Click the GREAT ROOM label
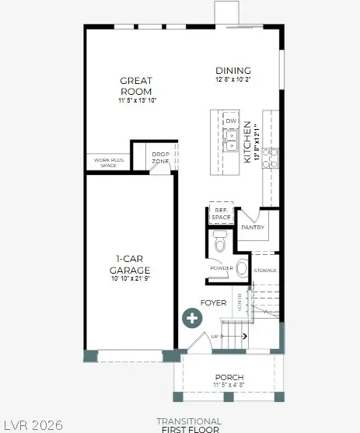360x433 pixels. click(x=137, y=85)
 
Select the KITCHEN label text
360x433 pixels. click(x=248, y=141)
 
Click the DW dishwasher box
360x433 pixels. click(x=231, y=122)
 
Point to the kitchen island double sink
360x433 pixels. click(x=231, y=140)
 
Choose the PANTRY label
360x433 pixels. click(x=253, y=228)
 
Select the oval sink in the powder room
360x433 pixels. click(x=242, y=269)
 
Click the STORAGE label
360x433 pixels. click(x=266, y=271)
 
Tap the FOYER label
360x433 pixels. click(x=213, y=302)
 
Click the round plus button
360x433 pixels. click(x=192, y=317)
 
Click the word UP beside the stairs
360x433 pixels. click(x=215, y=336)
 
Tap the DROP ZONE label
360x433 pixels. click(x=161, y=158)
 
